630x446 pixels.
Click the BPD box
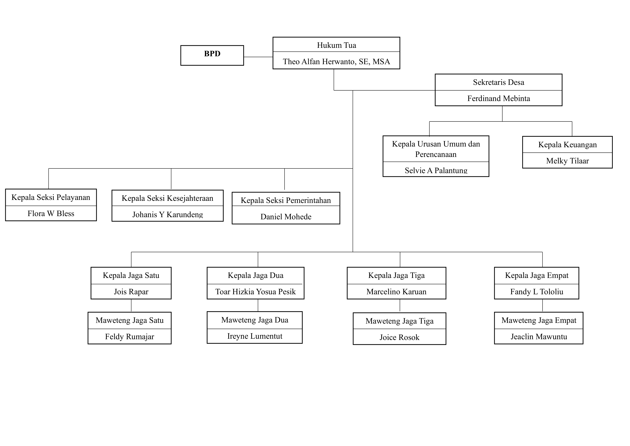click(212, 55)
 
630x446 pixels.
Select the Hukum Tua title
click(336, 45)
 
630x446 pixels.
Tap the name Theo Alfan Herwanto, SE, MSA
click(336, 61)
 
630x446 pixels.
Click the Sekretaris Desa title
click(498, 82)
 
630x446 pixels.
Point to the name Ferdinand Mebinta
click(498, 98)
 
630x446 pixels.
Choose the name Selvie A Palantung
click(436, 170)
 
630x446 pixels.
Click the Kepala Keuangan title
click(567, 145)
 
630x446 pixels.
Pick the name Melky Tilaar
click(567, 161)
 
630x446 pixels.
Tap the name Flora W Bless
click(51, 213)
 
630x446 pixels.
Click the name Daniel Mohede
click(286, 217)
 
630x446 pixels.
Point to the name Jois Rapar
click(131, 292)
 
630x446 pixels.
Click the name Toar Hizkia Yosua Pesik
click(255, 292)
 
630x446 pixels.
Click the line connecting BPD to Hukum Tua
click(258, 57)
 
